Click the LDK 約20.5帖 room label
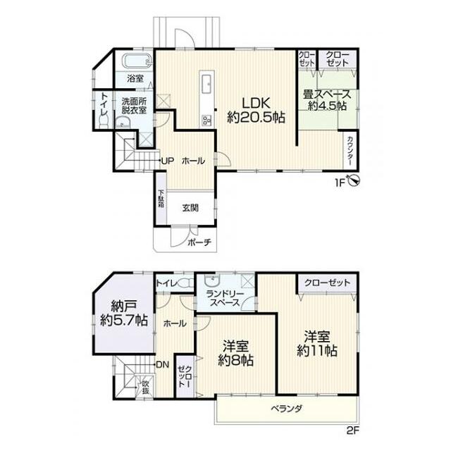256,110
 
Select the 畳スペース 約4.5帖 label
327,100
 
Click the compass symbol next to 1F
354,180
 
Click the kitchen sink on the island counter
207,84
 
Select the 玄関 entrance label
190,208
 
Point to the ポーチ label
199,242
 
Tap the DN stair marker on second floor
163,365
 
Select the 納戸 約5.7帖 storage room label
124,314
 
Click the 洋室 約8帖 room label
236,353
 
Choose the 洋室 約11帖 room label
317,343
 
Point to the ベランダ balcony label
287,409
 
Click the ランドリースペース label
225,298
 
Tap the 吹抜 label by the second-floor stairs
146,387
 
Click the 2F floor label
353,431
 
